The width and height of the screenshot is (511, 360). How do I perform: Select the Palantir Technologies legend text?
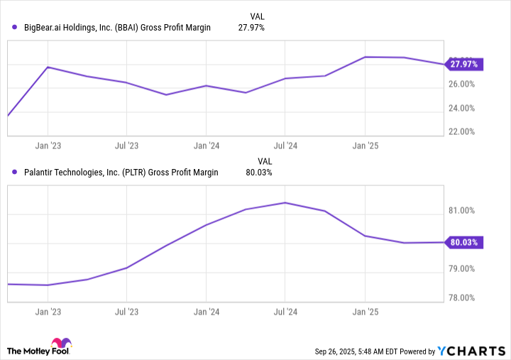[x=121, y=173]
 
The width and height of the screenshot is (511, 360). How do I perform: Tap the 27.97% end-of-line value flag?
[x=463, y=64]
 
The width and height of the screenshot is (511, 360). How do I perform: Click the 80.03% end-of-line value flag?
[x=463, y=242]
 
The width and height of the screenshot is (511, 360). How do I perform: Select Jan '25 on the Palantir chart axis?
[x=365, y=311]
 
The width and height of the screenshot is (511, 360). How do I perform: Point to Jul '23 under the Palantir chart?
[x=126, y=311]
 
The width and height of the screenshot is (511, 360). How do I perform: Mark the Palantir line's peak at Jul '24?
[x=285, y=202]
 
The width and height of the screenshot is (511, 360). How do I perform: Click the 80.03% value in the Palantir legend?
[x=259, y=173]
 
